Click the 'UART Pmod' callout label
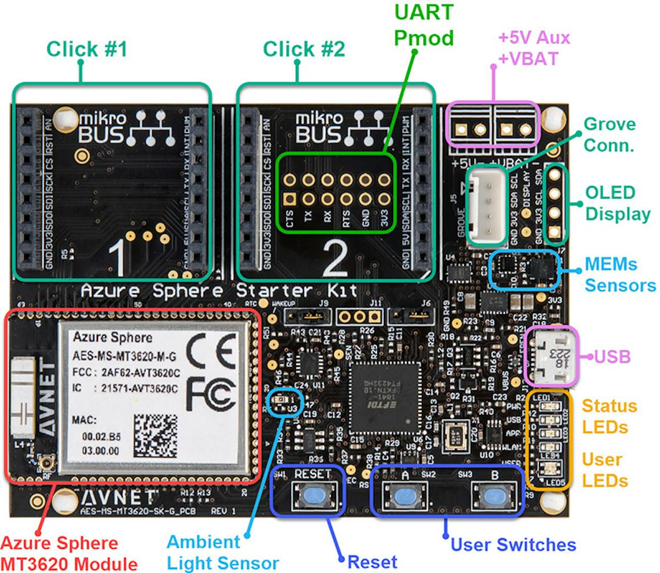point(424,25)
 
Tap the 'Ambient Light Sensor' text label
point(222,552)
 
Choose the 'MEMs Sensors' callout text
point(620,274)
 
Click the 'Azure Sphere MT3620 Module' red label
point(68,553)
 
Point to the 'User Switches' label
point(513,544)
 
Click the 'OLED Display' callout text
point(618,203)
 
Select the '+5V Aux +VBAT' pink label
point(533,48)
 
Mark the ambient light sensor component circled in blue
point(282,401)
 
